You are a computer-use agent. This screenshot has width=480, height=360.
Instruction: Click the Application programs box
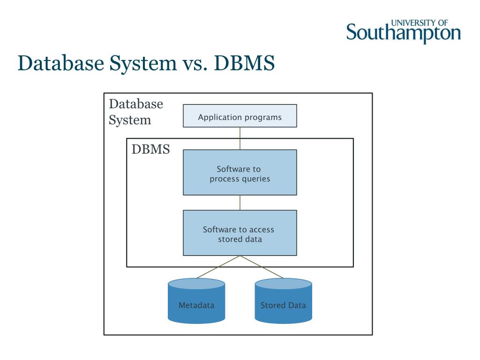click(x=240, y=116)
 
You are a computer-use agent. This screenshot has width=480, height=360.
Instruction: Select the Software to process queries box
click(x=240, y=172)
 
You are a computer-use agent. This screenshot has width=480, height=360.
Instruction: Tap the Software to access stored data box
click(x=240, y=233)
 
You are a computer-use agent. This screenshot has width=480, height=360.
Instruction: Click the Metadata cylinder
click(x=196, y=301)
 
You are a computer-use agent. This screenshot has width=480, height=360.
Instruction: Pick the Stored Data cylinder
click(x=284, y=301)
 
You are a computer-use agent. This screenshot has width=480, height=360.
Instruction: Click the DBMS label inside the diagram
click(x=150, y=150)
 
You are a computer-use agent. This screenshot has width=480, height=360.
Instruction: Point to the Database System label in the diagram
click(x=136, y=112)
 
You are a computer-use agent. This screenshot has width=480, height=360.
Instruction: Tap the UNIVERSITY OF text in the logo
click(x=420, y=22)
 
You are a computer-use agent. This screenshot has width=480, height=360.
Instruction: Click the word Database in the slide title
click(x=61, y=63)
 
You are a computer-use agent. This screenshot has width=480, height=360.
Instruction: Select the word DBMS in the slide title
click(x=244, y=63)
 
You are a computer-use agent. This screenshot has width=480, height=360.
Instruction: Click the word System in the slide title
click(x=143, y=64)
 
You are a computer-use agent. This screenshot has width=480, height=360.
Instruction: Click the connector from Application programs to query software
click(x=240, y=138)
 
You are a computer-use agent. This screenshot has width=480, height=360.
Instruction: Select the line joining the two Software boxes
click(x=240, y=202)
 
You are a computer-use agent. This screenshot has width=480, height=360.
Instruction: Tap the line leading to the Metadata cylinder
click(x=218, y=267)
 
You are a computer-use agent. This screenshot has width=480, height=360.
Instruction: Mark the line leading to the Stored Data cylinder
click(x=262, y=267)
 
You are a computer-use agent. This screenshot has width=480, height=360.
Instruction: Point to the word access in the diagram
click(x=262, y=230)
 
